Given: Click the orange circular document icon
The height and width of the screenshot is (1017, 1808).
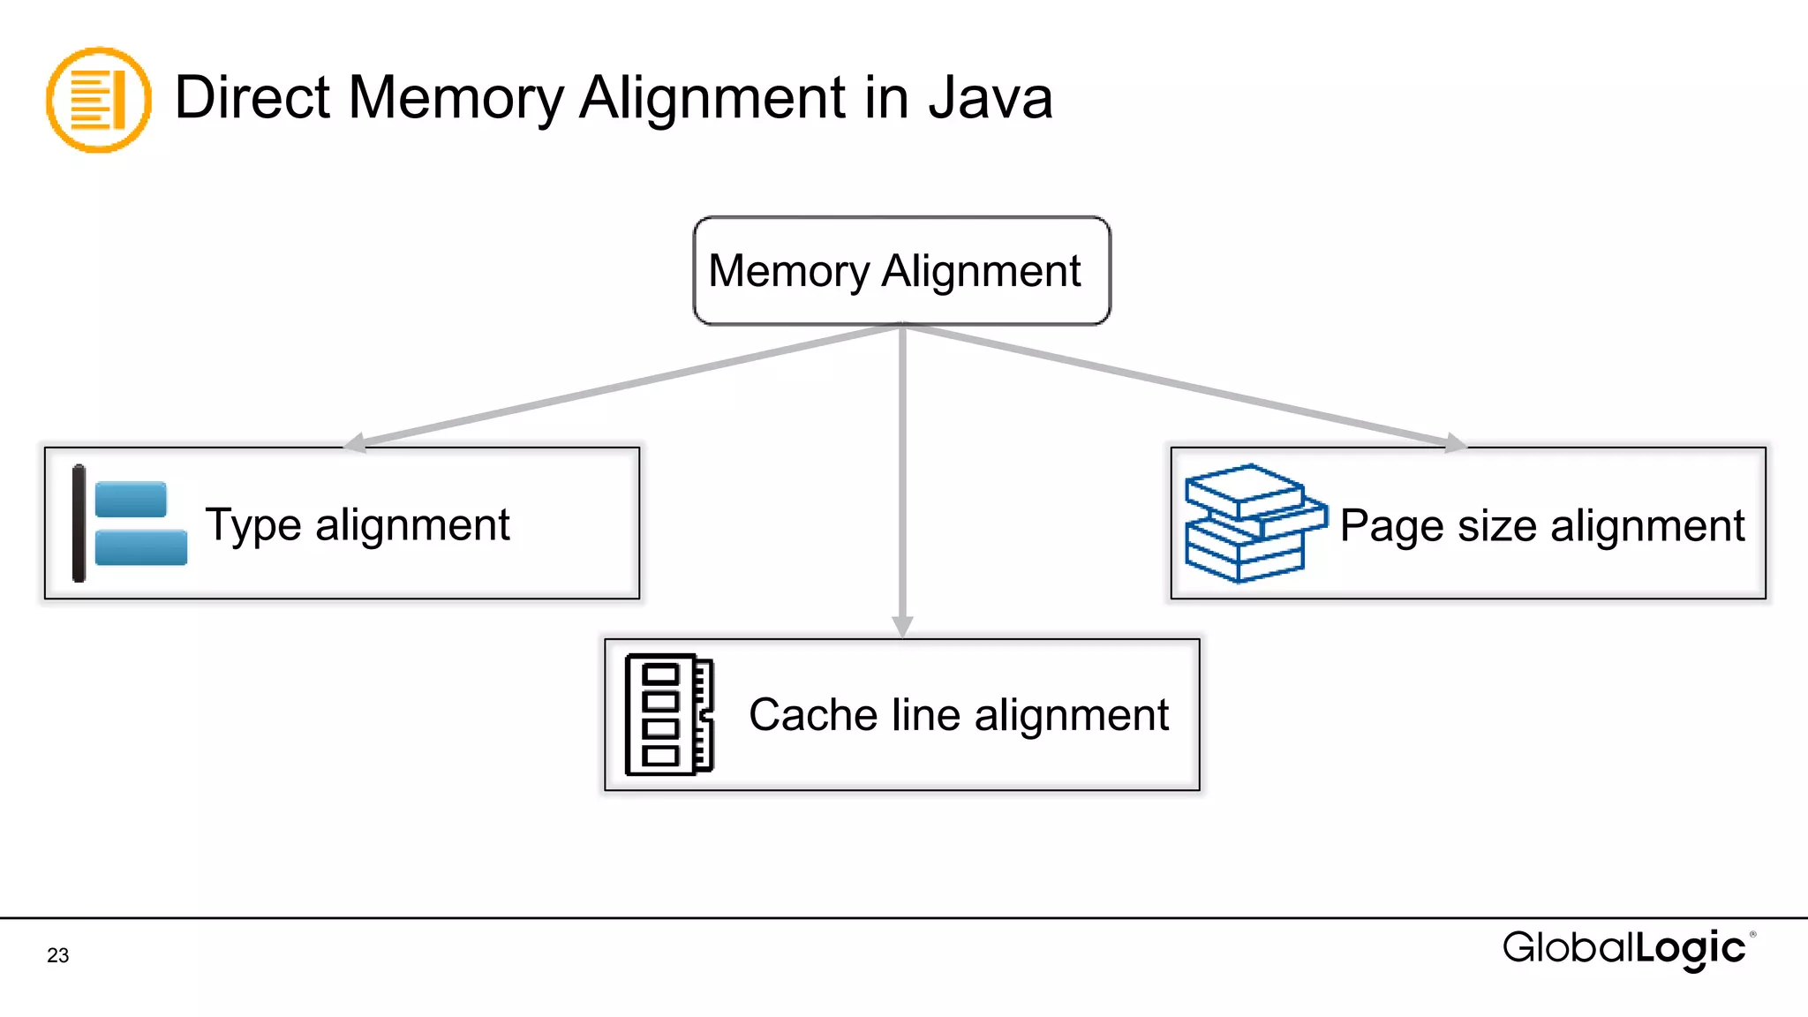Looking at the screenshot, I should point(98,100).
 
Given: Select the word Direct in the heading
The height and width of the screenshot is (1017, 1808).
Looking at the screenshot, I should point(252,97).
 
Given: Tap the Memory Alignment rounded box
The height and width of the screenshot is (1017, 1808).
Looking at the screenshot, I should point(901,271).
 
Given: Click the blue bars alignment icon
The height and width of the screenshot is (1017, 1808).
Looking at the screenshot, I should point(139,524).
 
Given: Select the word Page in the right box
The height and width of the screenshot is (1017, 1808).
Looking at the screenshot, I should point(1392,526).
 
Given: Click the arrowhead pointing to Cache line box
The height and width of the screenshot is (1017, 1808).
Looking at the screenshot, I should point(902,626).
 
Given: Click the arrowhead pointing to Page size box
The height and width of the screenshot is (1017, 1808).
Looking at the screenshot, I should point(1454,442).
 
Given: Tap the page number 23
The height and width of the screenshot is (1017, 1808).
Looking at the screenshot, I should point(58,955).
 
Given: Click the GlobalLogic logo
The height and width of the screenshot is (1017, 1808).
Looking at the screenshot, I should point(1624,949).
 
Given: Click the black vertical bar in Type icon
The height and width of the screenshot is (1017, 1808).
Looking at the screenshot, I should point(79,524).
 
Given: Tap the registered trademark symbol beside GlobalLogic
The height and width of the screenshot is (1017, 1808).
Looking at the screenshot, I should point(1752,934).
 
